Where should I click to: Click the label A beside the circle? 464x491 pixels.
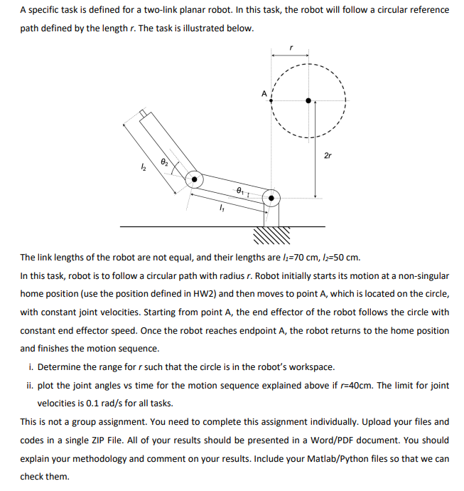tap(264, 93)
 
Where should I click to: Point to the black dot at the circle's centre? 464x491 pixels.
tap(308, 101)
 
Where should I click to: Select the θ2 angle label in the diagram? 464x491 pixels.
tap(163, 163)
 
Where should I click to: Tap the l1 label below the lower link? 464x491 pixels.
tap(222, 209)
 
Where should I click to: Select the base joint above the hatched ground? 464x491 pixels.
tap(271, 199)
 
